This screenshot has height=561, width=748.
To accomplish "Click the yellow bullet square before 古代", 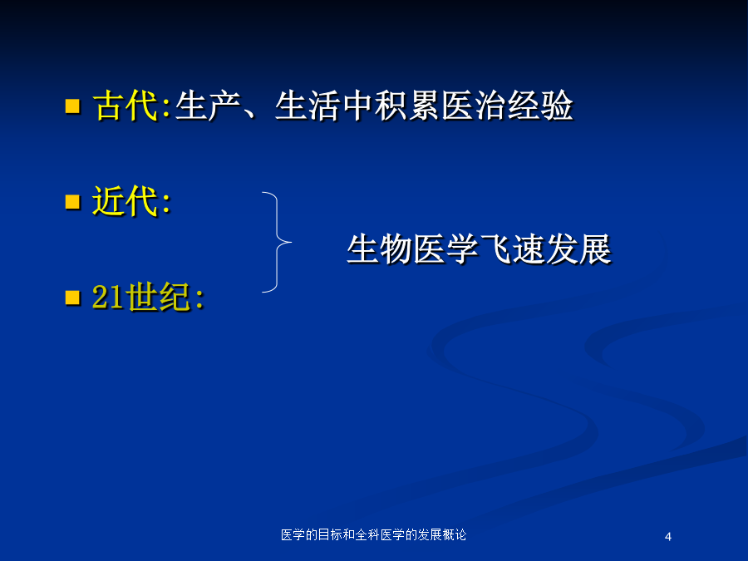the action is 72,106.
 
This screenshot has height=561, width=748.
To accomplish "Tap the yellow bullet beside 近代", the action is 72,202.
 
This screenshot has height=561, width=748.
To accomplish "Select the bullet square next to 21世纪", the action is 72,298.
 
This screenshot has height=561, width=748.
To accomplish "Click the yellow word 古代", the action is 126,106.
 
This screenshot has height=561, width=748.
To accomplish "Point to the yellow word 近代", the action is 125,201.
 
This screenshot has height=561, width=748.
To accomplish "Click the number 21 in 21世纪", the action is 108,297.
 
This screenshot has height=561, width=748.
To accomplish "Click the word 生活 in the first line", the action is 308,106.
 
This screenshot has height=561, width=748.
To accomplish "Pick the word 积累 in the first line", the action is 407,106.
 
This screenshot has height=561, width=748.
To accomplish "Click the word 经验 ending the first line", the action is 540,106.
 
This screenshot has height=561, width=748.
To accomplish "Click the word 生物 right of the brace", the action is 380,249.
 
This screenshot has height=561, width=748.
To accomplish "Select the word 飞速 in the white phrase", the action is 513,249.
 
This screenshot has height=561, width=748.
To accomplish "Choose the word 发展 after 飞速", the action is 579,249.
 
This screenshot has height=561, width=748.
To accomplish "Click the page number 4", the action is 668,537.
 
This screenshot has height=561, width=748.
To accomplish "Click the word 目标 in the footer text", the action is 330,534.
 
